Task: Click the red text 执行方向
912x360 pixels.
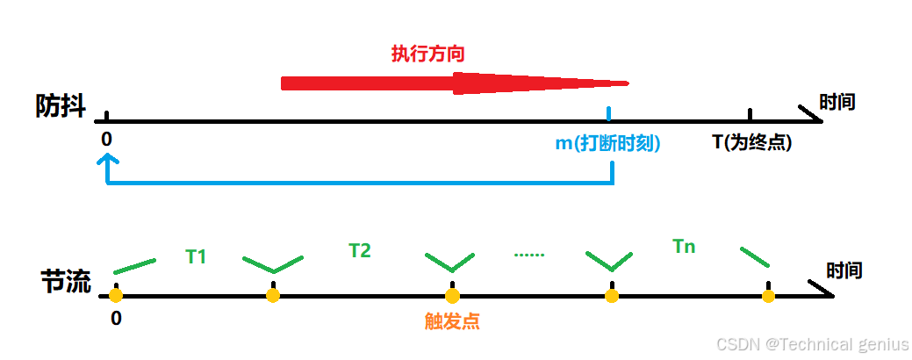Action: click(x=427, y=54)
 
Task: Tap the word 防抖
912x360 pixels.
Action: click(x=61, y=107)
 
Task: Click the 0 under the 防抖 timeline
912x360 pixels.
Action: click(x=106, y=140)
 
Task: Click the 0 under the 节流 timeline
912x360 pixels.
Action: click(x=116, y=318)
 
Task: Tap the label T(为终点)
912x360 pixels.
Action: click(x=751, y=142)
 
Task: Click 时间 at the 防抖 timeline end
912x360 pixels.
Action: click(x=837, y=102)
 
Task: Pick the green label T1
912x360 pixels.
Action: click(x=196, y=257)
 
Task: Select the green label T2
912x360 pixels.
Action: click(x=360, y=251)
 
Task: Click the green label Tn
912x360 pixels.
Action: click(x=684, y=247)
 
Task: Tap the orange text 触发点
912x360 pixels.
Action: click(x=452, y=321)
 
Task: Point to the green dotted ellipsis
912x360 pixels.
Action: click(x=529, y=255)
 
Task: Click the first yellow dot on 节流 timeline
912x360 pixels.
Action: click(x=116, y=296)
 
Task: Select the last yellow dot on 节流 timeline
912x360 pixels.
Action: click(x=768, y=296)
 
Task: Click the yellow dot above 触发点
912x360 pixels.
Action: click(x=452, y=296)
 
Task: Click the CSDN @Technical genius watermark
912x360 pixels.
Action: click(x=812, y=344)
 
